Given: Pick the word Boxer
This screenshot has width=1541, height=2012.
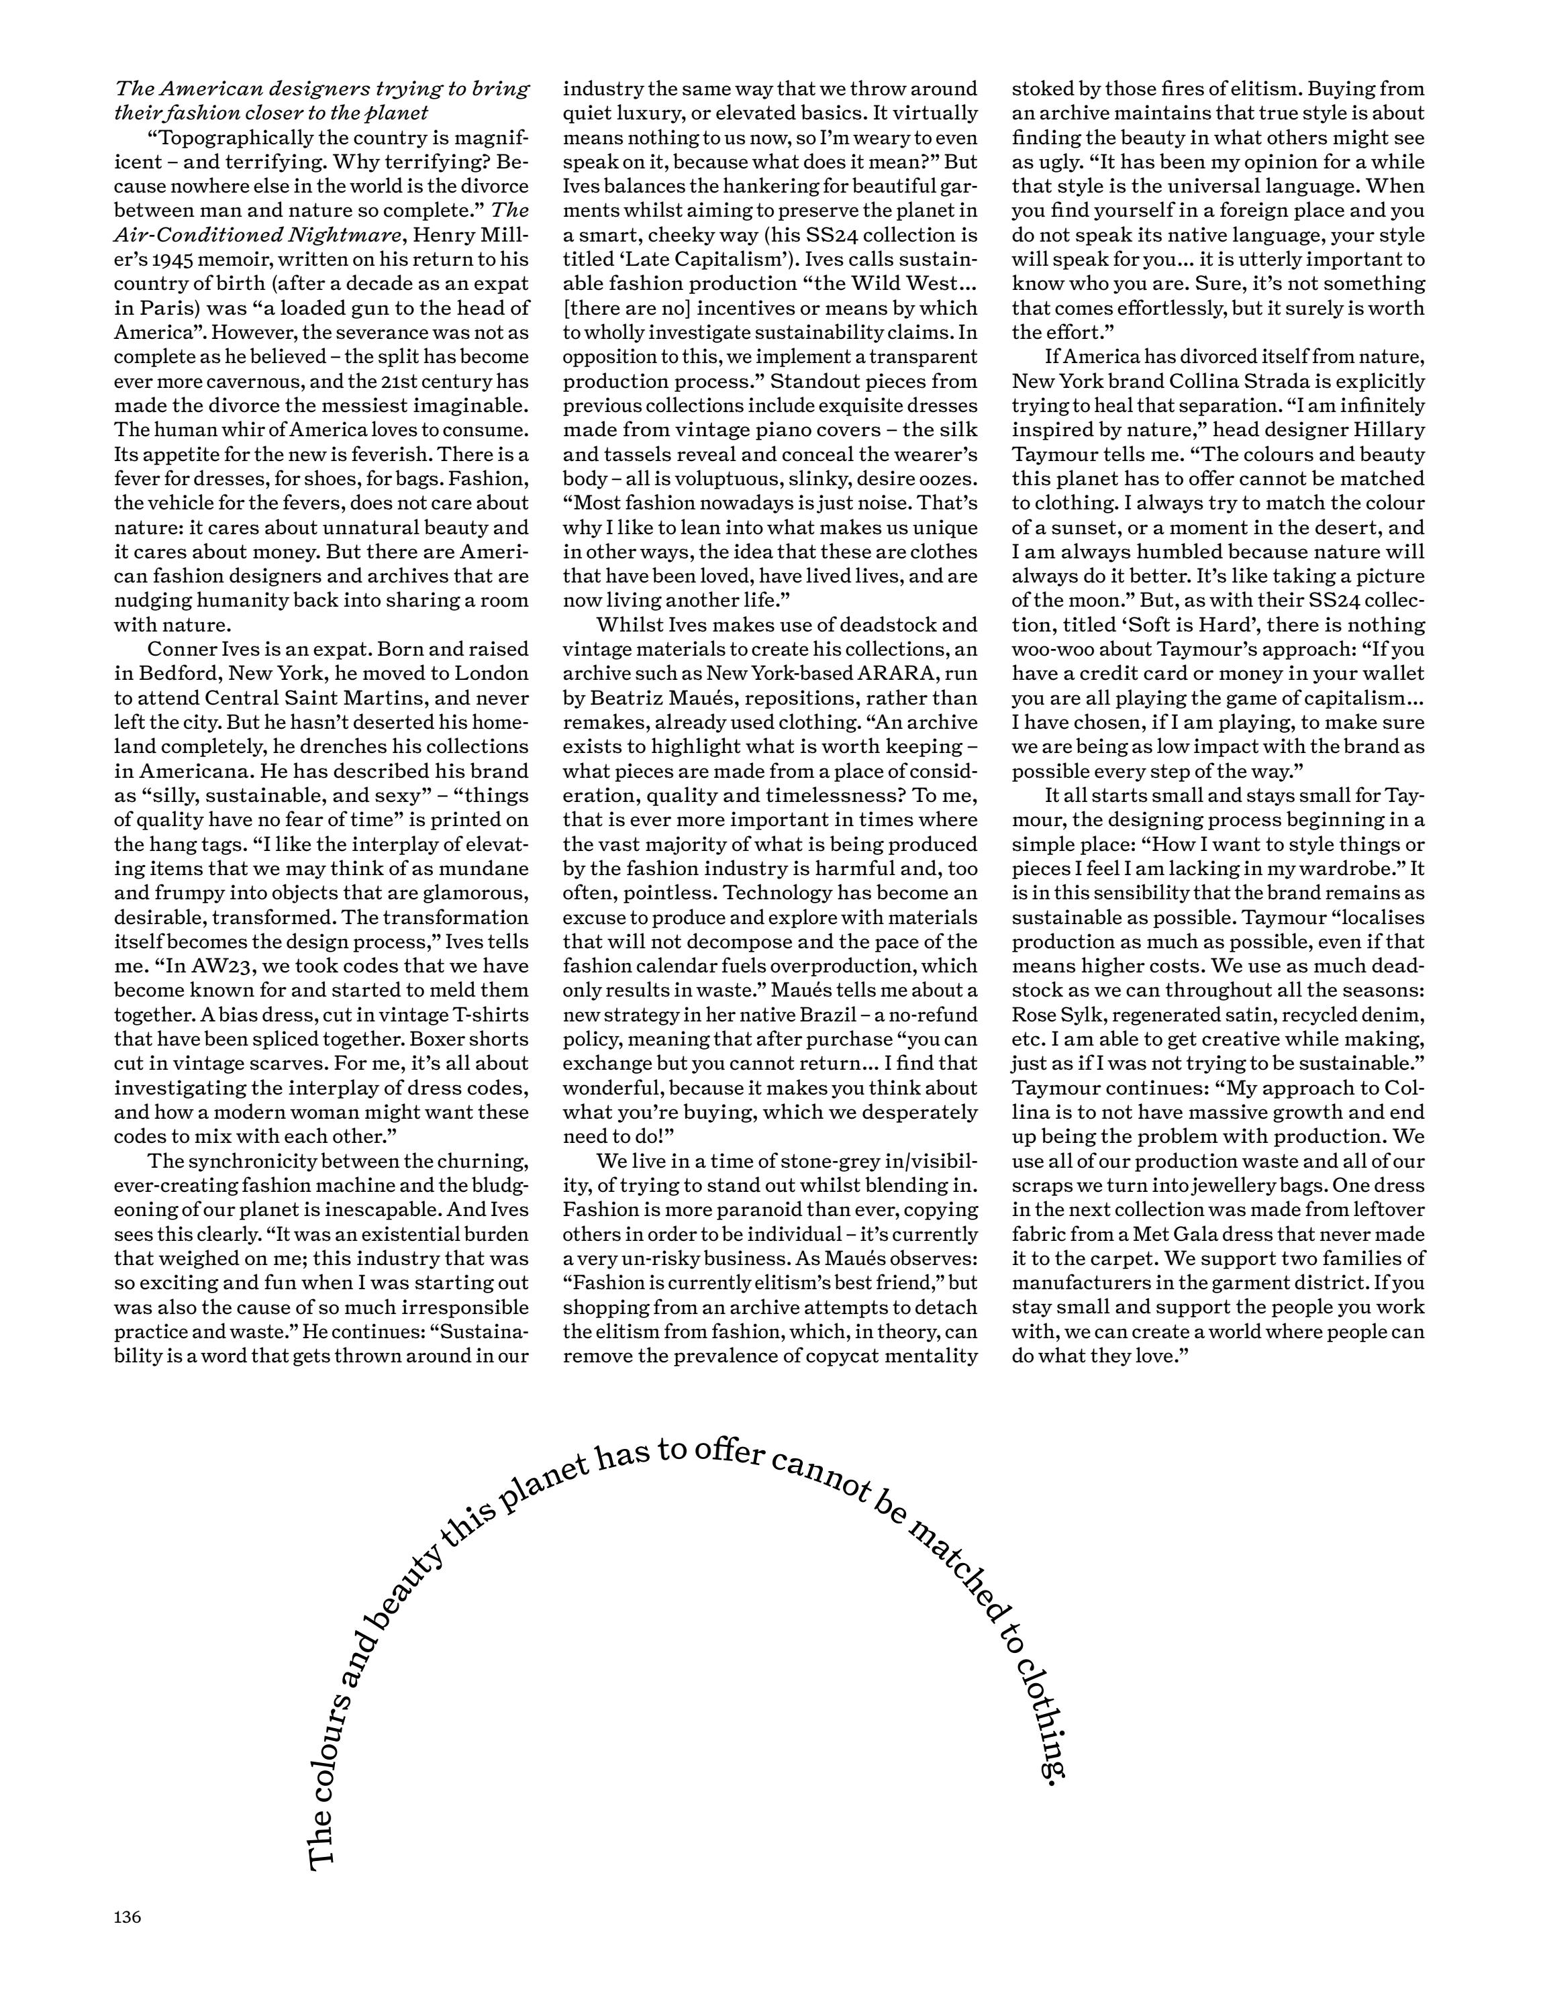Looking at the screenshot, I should (446, 1038).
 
